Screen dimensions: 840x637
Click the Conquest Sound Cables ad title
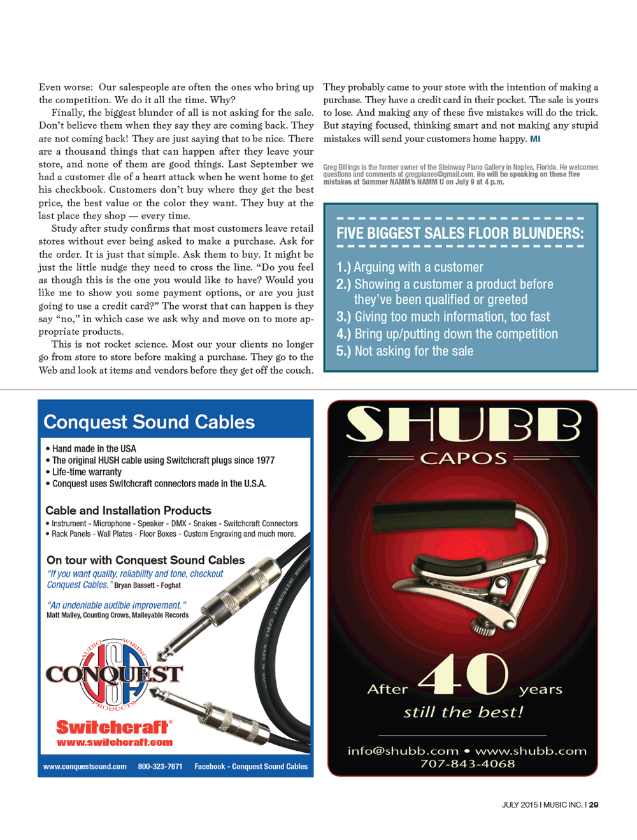[x=149, y=422]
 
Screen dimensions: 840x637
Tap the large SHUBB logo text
[x=463, y=425]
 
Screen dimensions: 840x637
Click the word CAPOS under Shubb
[x=463, y=459]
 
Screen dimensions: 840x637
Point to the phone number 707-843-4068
[x=467, y=764]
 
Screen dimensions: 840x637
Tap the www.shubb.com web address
[x=531, y=751]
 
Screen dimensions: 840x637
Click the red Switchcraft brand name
[x=113, y=727]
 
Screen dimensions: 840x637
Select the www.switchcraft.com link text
[x=115, y=742]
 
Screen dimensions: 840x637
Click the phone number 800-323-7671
[x=160, y=767]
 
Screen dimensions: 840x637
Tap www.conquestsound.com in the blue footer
[x=85, y=767]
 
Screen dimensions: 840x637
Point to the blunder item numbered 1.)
[x=410, y=267]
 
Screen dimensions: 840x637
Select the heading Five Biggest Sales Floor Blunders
[x=460, y=234]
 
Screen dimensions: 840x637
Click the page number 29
[x=594, y=805]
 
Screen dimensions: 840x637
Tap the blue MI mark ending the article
[x=535, y=139]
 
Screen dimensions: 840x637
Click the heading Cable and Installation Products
[x=128, y=511]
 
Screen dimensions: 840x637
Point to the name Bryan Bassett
[x=134, y=585]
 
